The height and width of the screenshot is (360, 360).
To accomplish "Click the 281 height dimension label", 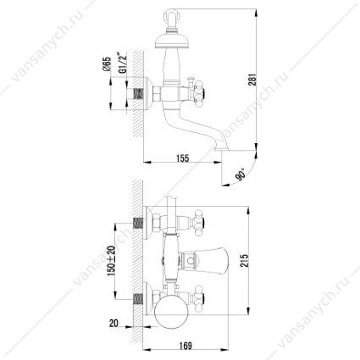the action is pos(253,80).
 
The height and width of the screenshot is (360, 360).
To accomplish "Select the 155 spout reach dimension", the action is pos(183,158).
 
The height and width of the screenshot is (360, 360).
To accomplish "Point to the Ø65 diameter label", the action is pos(108,64).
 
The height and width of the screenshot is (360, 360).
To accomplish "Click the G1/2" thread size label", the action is pos(122,64).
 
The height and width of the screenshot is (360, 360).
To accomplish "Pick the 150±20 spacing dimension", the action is pos(112,261).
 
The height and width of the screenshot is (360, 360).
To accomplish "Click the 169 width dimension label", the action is pos(186,346).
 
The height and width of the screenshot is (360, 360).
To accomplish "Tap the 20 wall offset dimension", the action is pos(114,324).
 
